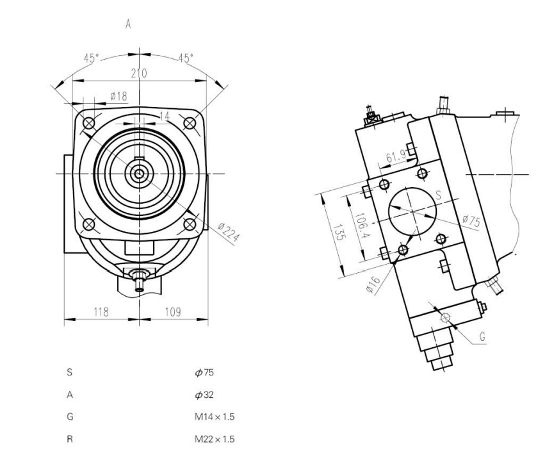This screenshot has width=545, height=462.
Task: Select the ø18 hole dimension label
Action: [118, 95]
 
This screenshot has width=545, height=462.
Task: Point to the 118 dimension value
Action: [101, 311]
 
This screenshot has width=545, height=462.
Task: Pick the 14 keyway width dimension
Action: [148, 116]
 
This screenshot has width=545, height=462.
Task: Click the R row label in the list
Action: [69, 439]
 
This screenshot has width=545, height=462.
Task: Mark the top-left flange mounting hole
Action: [89, 122]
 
